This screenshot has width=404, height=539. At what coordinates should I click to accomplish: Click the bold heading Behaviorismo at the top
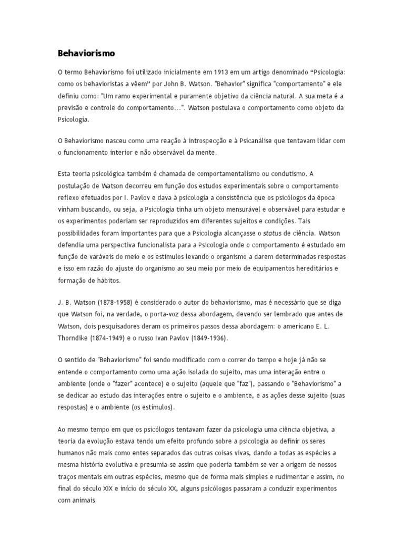click(86, 53)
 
